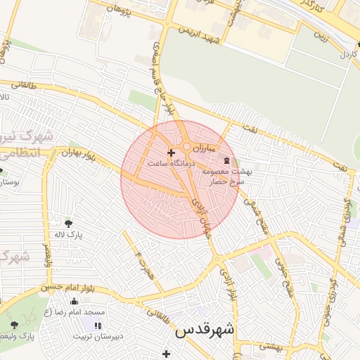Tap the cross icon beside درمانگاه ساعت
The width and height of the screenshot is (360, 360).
tap(171, 153)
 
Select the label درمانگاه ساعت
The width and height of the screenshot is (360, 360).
tap(167, 163)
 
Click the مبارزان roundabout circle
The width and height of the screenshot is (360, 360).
tap(187, 147)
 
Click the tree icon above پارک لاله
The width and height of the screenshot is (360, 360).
tap(68, 224)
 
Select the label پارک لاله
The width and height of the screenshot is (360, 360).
tap(70, 235)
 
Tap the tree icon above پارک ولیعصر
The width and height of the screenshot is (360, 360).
tap(15, 325)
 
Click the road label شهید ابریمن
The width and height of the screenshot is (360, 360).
tap(205, 34)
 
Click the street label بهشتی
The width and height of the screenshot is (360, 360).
tap(270, 345)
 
